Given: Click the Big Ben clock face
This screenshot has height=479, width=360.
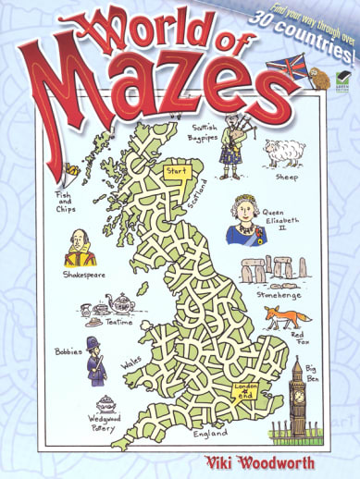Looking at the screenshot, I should pos(297,380).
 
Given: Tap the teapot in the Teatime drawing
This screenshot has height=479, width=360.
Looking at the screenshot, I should pos(120,302).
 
